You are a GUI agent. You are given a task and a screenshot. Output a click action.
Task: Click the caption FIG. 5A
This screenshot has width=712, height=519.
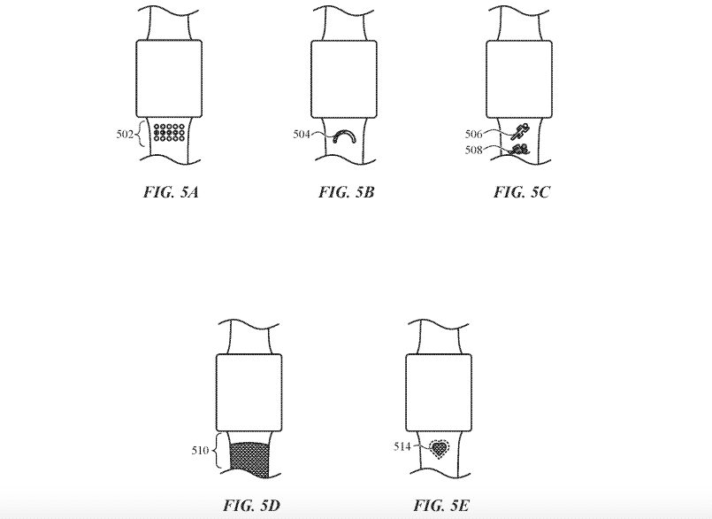pos(171,192)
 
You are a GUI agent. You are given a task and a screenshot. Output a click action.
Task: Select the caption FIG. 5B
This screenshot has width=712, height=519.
pos(346,192)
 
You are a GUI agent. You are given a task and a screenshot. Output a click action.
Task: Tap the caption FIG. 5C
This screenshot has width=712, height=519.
pos(521,192)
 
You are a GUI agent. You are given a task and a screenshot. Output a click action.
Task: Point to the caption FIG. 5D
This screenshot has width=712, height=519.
pos(251,505)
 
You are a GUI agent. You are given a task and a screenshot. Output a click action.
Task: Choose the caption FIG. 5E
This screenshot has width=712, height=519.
pos(441,505)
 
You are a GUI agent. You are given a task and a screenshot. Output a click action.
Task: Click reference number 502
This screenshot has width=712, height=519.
pos(125,135)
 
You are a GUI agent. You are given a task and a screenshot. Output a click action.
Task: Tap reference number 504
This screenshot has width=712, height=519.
pos(302,135)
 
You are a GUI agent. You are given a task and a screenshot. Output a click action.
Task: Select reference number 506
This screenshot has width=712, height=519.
pos(473,135)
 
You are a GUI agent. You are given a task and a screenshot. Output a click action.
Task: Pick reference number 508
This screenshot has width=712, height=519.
pos(473,150)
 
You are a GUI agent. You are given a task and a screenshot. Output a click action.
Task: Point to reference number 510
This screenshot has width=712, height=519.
pos(200,450)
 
